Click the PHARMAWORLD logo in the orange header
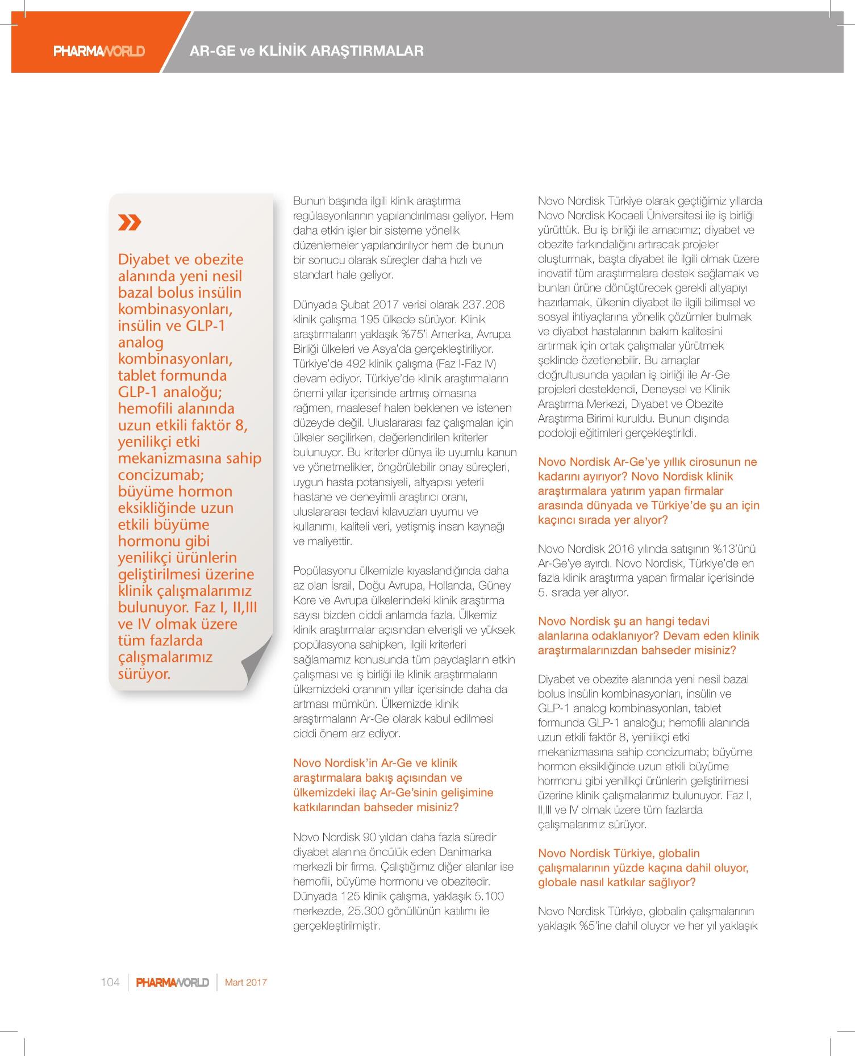(x=99, y=51)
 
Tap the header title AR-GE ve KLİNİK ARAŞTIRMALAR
(x=307, y=51)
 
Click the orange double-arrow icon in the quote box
(x=130, y=222)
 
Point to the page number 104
(x=110, y=982)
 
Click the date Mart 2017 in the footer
(x=246, y=982)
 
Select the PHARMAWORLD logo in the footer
(x=173, y=982)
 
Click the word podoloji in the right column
(x=556, y=433)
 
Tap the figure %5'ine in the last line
(x=598, y=926)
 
